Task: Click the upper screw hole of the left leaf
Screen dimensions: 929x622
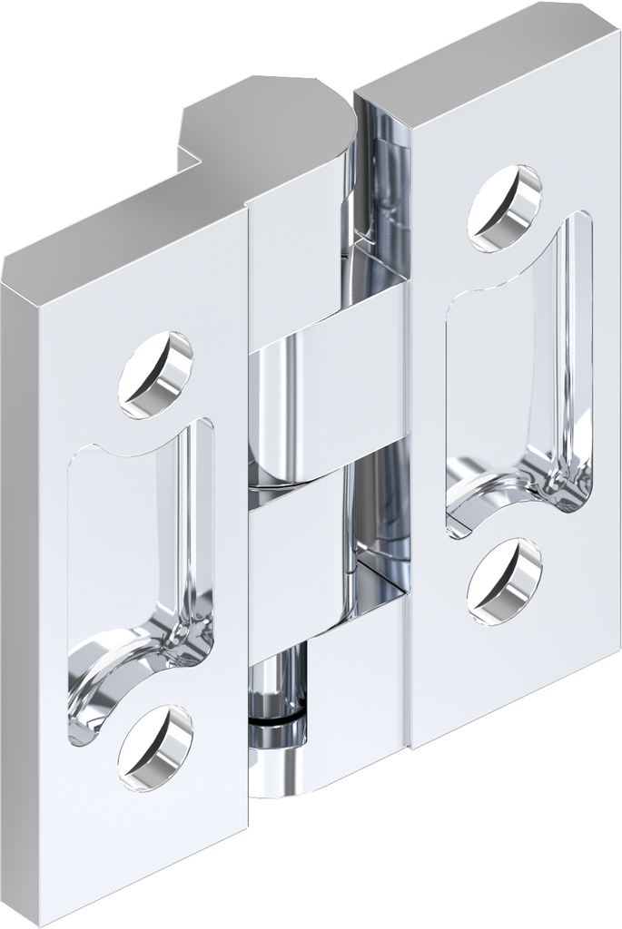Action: coord(155,375)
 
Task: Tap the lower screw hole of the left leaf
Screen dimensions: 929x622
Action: coord(155,747)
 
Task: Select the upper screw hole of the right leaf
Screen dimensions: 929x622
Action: coord(505,208)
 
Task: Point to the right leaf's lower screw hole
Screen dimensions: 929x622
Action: coord(505,582)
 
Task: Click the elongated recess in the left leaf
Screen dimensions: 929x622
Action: coord(136,544)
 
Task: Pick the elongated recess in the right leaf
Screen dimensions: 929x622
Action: coord(518,363)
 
